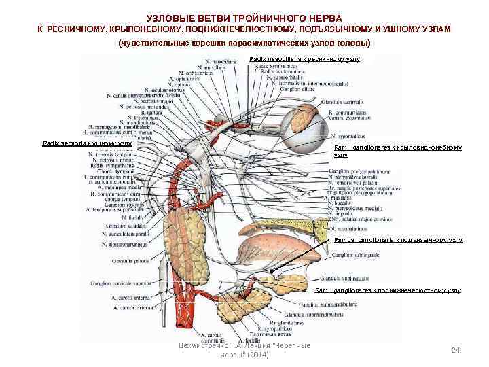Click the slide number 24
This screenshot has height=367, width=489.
pos(456,350)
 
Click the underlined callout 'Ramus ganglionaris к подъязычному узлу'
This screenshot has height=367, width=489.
pos(398,240)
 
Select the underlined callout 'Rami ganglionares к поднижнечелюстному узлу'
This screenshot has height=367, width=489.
pos(388,290)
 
